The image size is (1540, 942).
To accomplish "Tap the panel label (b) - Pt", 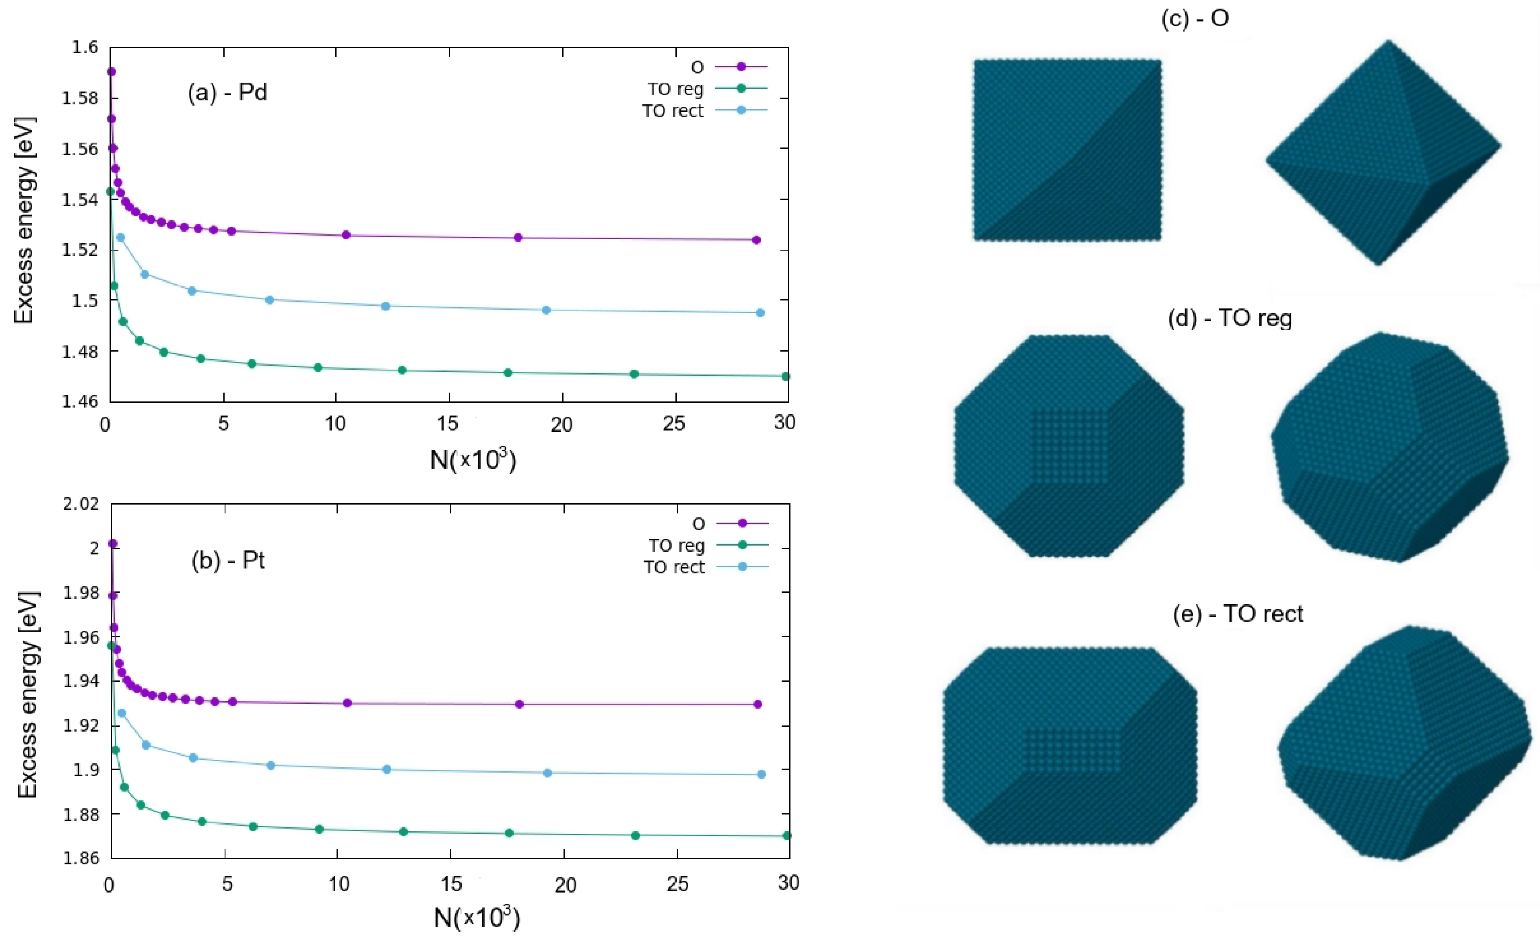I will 228,560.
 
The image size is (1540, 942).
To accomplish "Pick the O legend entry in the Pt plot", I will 699,524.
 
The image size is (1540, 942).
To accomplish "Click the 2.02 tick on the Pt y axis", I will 81,504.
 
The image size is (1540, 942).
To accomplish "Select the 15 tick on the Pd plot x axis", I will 448,424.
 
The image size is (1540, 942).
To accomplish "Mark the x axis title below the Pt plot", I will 476,917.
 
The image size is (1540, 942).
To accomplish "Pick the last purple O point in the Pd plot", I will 756,240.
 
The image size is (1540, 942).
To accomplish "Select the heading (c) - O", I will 1195,18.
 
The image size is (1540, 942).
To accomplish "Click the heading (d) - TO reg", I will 1230,319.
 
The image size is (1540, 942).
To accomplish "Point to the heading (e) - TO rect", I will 1237,614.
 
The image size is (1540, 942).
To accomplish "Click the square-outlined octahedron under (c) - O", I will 1067,150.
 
